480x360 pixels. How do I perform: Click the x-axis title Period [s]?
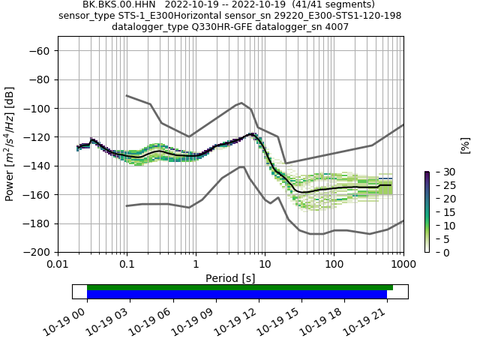point(230,278)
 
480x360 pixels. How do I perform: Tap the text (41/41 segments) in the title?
point(336,4)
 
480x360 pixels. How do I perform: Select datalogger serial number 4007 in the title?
point(334,27)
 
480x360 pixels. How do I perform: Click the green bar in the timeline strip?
point(240,287)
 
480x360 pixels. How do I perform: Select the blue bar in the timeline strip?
point(237,295)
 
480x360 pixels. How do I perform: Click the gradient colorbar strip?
point(427,211)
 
